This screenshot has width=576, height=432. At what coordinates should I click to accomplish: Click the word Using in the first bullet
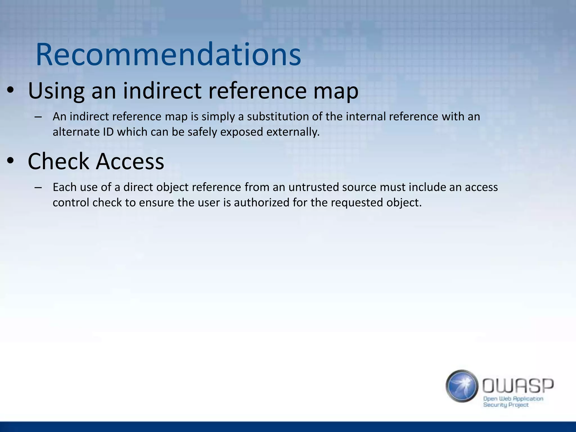click(x=56, y=91)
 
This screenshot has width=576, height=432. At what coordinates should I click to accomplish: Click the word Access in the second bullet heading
click(x=130, y=161)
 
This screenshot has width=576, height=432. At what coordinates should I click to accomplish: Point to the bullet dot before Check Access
click(x=10, y=161)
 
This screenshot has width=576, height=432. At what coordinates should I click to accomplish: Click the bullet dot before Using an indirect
click(x=10, y=90)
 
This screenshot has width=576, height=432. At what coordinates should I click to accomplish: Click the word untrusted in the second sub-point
click(x=312, y=187)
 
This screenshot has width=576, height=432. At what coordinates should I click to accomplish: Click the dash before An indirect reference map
click(x=38, y=117)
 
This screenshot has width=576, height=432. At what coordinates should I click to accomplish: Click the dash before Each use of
click(x=38, y=187)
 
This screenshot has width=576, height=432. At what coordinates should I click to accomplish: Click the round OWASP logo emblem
click(x=462, y=386)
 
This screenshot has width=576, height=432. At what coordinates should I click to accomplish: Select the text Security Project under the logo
click(x=506, y=405)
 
